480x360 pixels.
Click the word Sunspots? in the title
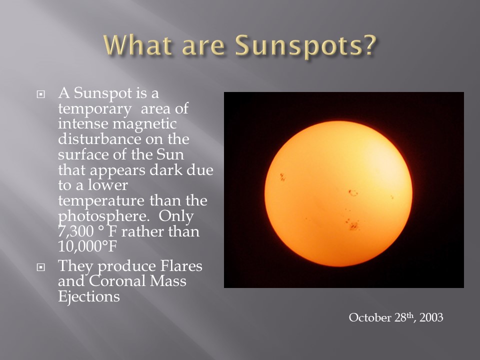pyautogui.click(x=305, y=45)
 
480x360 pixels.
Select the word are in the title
pyautogui.click(x=203, y=47)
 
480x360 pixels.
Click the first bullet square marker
pyautogui.click(x=40, y=94)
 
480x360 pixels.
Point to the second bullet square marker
pyautogui.click(x=40, y=267)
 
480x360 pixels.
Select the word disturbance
pyautogui.click(x=99, y=139)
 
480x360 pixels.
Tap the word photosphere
pyautogui.click(x=103, y=216)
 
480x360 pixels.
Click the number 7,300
pyautogui.click(x=75, y=231)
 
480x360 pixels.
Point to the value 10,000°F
pyautogui.click(x=87, y=246)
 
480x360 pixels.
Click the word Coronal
pyautogui.click(x=117, y=281)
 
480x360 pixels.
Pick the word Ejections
pyautogui.click(x=89, y=297)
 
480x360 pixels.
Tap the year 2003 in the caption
pyautogui.click(x=431, y=317)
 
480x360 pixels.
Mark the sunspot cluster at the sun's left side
pyautogui.click(x=282, y=177)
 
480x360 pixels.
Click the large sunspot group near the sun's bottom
pyautogui.click(x=353, y=225)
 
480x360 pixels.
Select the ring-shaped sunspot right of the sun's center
pyautogui.click(x=353, y=193)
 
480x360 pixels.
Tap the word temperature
pyautogui.click(x=101, y=201)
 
